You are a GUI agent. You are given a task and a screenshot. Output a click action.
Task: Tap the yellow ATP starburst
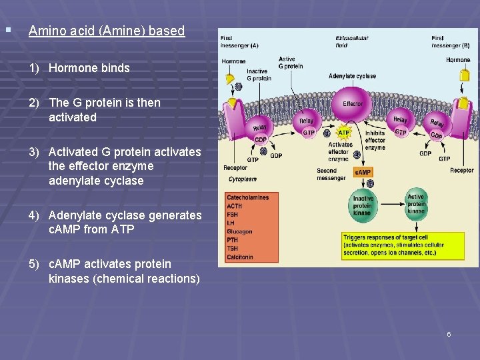[344, 133]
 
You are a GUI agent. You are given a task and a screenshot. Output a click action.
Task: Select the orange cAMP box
[363, 172]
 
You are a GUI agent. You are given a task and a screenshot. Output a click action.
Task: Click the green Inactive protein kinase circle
[363, 205]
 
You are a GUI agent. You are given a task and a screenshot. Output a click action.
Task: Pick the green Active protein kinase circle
[416, 203]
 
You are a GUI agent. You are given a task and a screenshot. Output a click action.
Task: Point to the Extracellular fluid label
[351, 41]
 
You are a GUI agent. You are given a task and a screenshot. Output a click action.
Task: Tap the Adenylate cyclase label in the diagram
[352, 76]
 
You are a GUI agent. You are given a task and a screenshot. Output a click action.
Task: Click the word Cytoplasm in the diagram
[243, 179]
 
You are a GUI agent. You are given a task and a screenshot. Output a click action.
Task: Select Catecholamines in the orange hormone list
[247, 197]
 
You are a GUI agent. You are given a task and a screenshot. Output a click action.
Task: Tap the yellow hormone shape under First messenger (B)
[464, 75]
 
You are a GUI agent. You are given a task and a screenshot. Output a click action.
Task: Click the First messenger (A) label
[240, 41]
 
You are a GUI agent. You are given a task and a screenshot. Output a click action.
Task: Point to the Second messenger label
[331, 174]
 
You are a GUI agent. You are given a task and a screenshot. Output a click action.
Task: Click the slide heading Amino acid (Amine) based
[107, 31]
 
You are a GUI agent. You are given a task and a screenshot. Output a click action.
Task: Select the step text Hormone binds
[89, 68]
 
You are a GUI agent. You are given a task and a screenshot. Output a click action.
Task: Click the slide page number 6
[449, 334]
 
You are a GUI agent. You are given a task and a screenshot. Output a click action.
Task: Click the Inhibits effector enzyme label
[375, 140]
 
